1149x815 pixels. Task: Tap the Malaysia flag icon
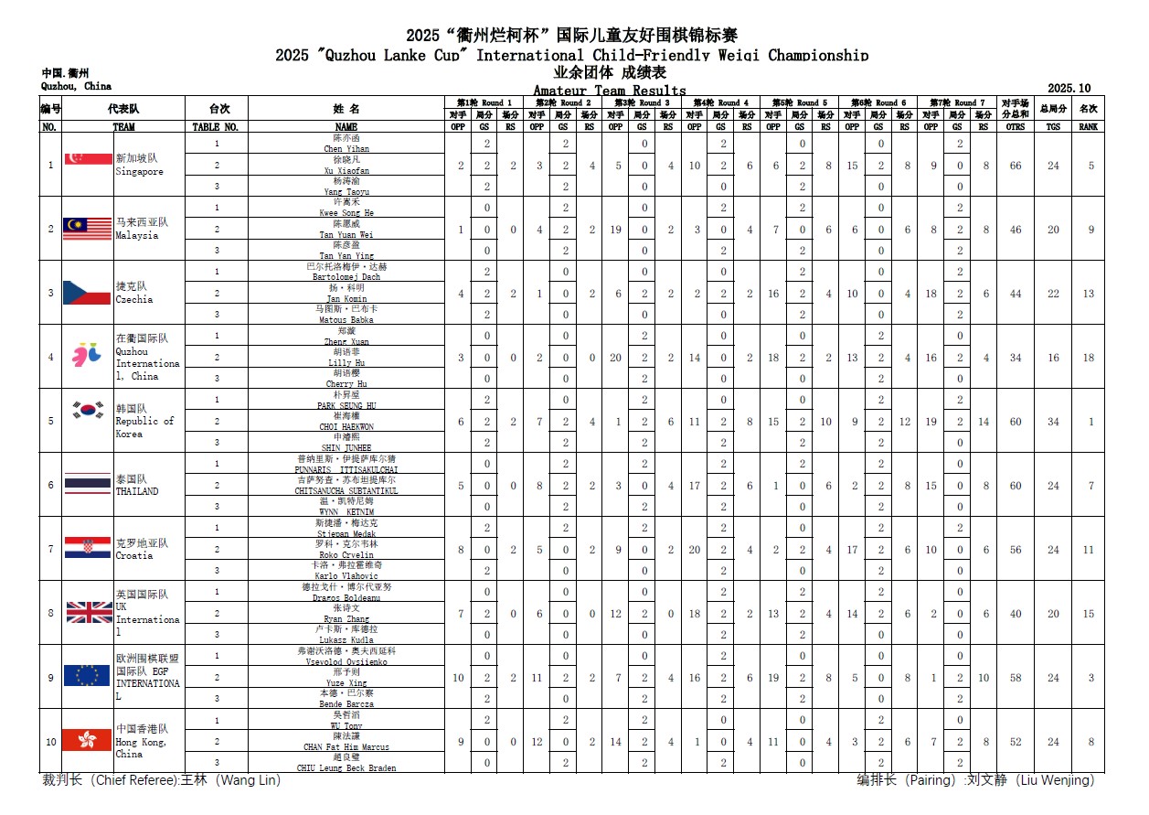click(x=87, y=229)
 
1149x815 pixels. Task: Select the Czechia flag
click(x=87, y=293)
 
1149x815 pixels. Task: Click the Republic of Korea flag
click(x=87, y=411)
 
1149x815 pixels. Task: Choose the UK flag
click(x=87, y=612)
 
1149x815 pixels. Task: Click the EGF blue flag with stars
click(x=87, y=676)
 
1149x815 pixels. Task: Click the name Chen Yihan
click(x=346, y=148)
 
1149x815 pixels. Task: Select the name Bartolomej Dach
click(x=346, y=276)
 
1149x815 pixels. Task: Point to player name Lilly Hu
click(x=346, y=362)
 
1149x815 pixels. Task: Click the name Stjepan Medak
click(x=346, y=533)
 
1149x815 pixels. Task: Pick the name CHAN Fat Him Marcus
click(x=346, y=747)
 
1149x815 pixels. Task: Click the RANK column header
click(x=1088, y=127)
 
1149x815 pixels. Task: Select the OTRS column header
click(x=1015, y=127)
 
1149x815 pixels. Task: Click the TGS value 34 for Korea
click(x=1053, y=422)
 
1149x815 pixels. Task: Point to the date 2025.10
click(x=1069, y=89)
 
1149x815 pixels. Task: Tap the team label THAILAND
click(x=136, y=491)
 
